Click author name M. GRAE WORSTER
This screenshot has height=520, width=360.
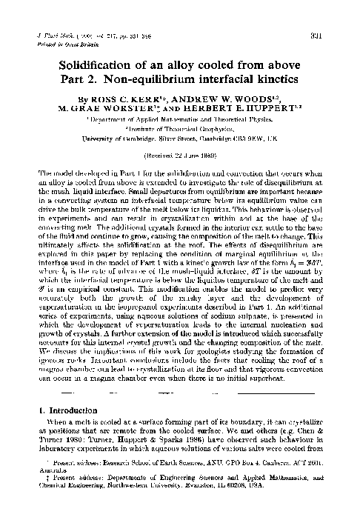point(104,107)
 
